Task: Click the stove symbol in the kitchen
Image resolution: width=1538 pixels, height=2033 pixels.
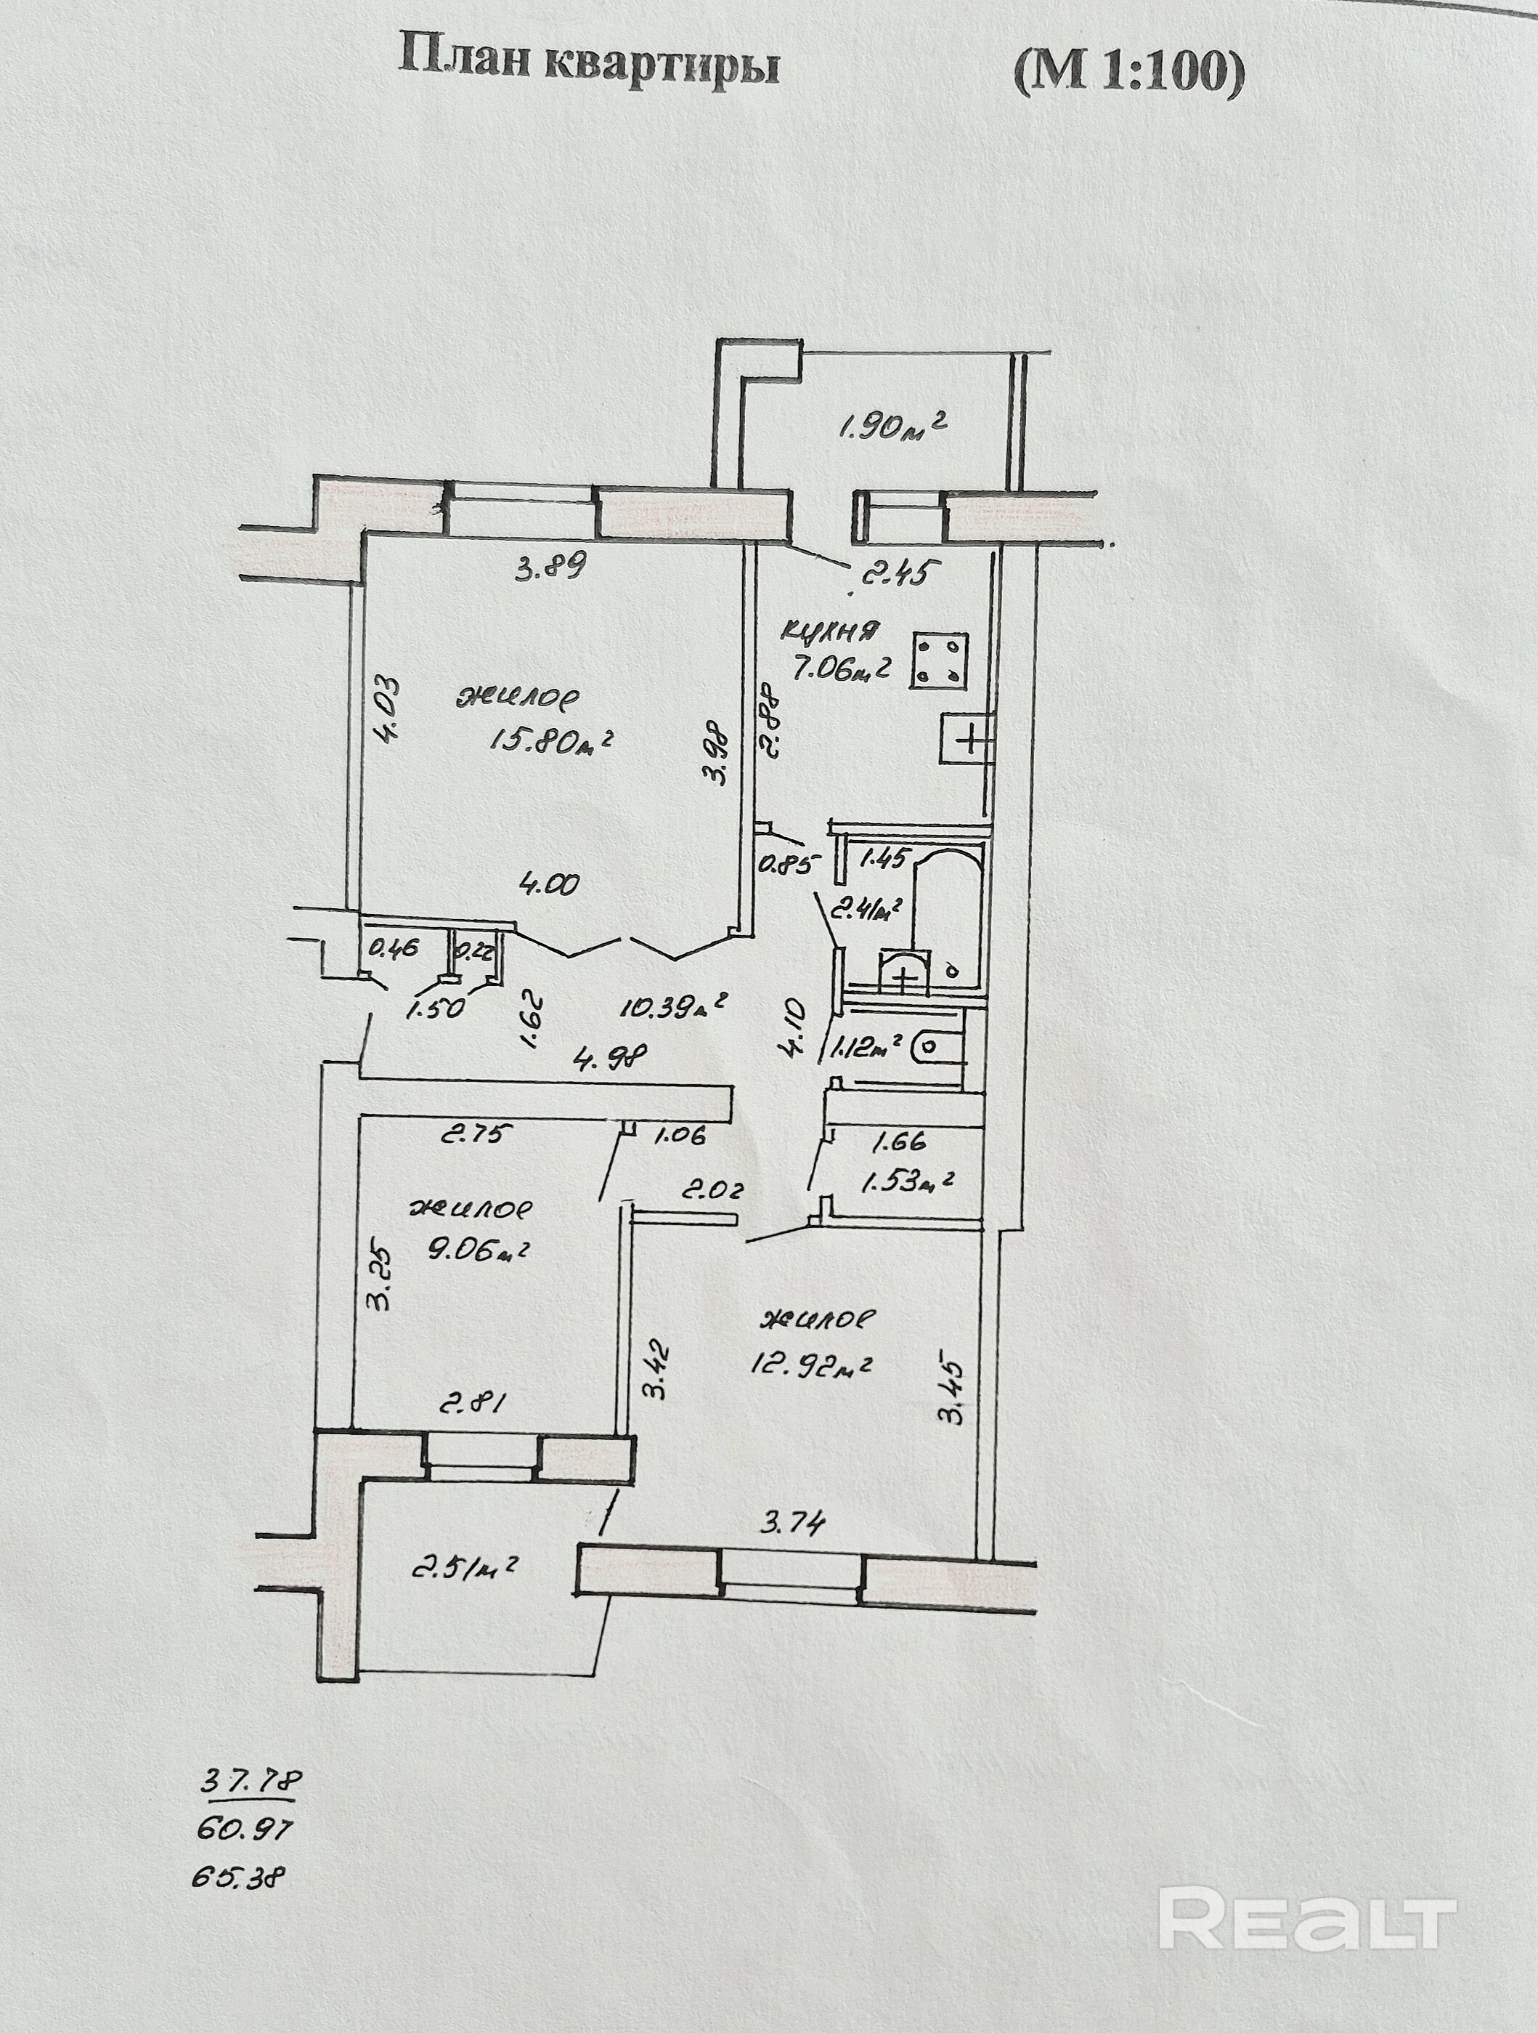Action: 939,660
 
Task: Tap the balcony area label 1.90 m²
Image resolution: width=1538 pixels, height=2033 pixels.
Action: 890,427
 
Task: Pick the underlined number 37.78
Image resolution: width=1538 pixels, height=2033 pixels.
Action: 251,1781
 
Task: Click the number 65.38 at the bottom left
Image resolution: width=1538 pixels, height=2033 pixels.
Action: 237,1877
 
